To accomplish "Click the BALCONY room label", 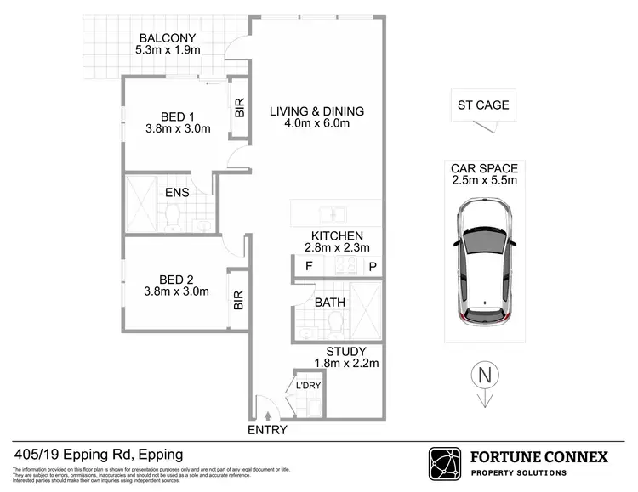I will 168,38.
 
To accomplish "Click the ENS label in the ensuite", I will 177,192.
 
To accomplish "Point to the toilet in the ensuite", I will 175,220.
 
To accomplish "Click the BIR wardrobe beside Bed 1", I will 239,108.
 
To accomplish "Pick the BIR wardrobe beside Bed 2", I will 239,300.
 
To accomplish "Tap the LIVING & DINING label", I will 316,111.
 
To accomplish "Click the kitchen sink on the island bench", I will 331,212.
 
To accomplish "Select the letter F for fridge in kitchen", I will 308,267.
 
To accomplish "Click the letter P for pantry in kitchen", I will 372,267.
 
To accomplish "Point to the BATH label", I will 328,302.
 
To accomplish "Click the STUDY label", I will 346,351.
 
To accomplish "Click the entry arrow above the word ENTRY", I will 269,416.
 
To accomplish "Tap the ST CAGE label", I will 483,105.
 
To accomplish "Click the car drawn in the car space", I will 483,264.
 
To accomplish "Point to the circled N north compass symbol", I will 483,374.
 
